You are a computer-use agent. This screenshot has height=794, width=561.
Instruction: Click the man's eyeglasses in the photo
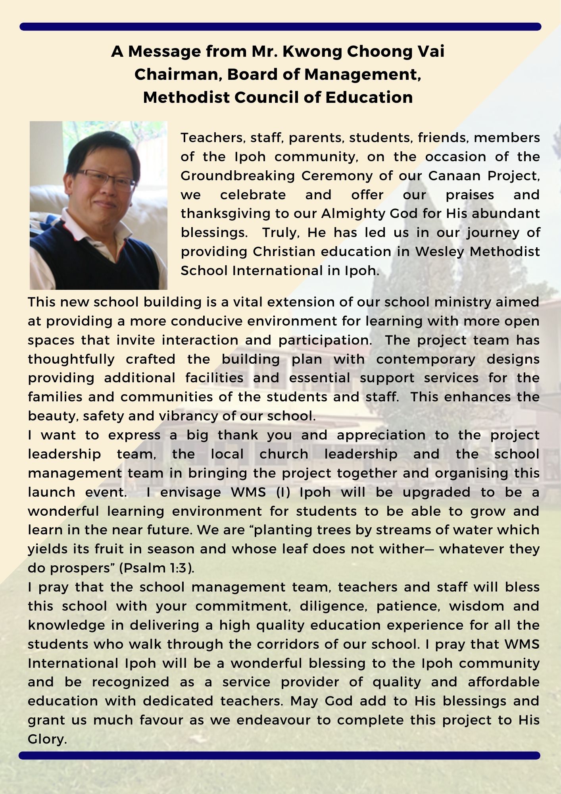point(106,178)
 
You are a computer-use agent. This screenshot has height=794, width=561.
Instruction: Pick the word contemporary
point(426,359)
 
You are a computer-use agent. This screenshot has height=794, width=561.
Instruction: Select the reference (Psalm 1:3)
point(156,568)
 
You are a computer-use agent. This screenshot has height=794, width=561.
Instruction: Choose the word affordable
point(503,682)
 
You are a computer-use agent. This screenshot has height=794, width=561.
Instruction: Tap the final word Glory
point(47,739)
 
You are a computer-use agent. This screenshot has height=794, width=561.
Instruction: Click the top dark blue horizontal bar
point(280,27)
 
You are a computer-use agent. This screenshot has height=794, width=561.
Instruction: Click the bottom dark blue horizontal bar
point(280,755)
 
